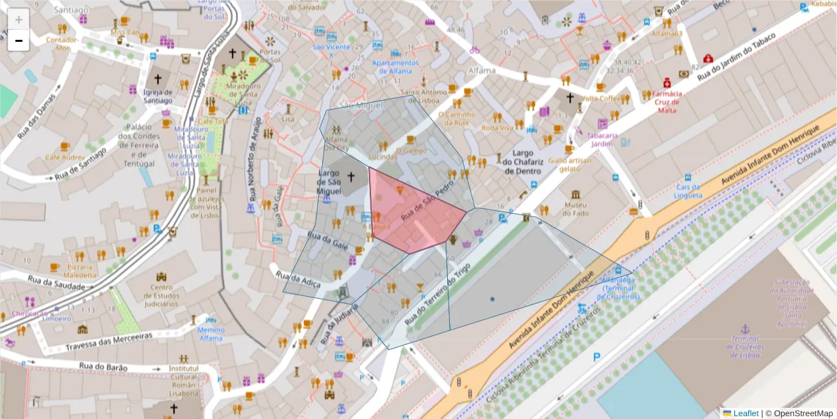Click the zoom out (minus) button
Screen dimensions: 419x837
pyautogui.click(x=19, y=41)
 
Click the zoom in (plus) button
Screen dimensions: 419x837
pyautogui.click(x=19, y=19)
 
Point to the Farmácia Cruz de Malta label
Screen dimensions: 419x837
pyautogui.click(x=666, y=101)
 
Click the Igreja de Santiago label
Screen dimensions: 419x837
pyautogui.click(x=158, y=96)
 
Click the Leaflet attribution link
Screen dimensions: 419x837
pyautogui.click(x=745, y=413)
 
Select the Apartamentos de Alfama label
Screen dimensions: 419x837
pyautogui.click(x=395, y=66)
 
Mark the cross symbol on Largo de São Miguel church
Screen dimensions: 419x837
pyautogui.click(x=351, y=177)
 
